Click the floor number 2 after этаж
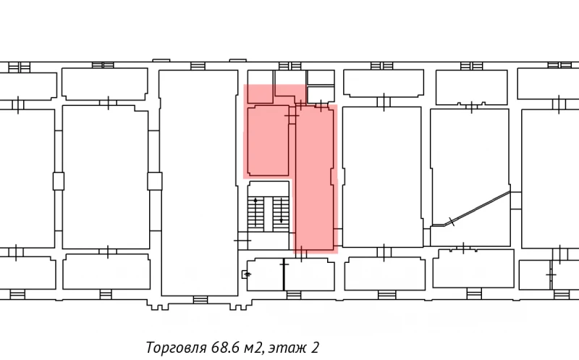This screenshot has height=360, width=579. (315, 347)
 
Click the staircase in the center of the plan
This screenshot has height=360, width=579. (268, 210)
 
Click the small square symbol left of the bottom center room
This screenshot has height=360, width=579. (246, 274)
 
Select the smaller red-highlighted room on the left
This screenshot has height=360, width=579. (268, 141)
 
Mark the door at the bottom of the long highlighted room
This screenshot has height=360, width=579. (302, 251)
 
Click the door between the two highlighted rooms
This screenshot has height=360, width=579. (292, 114)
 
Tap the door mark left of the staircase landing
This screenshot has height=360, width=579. (242, 239)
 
